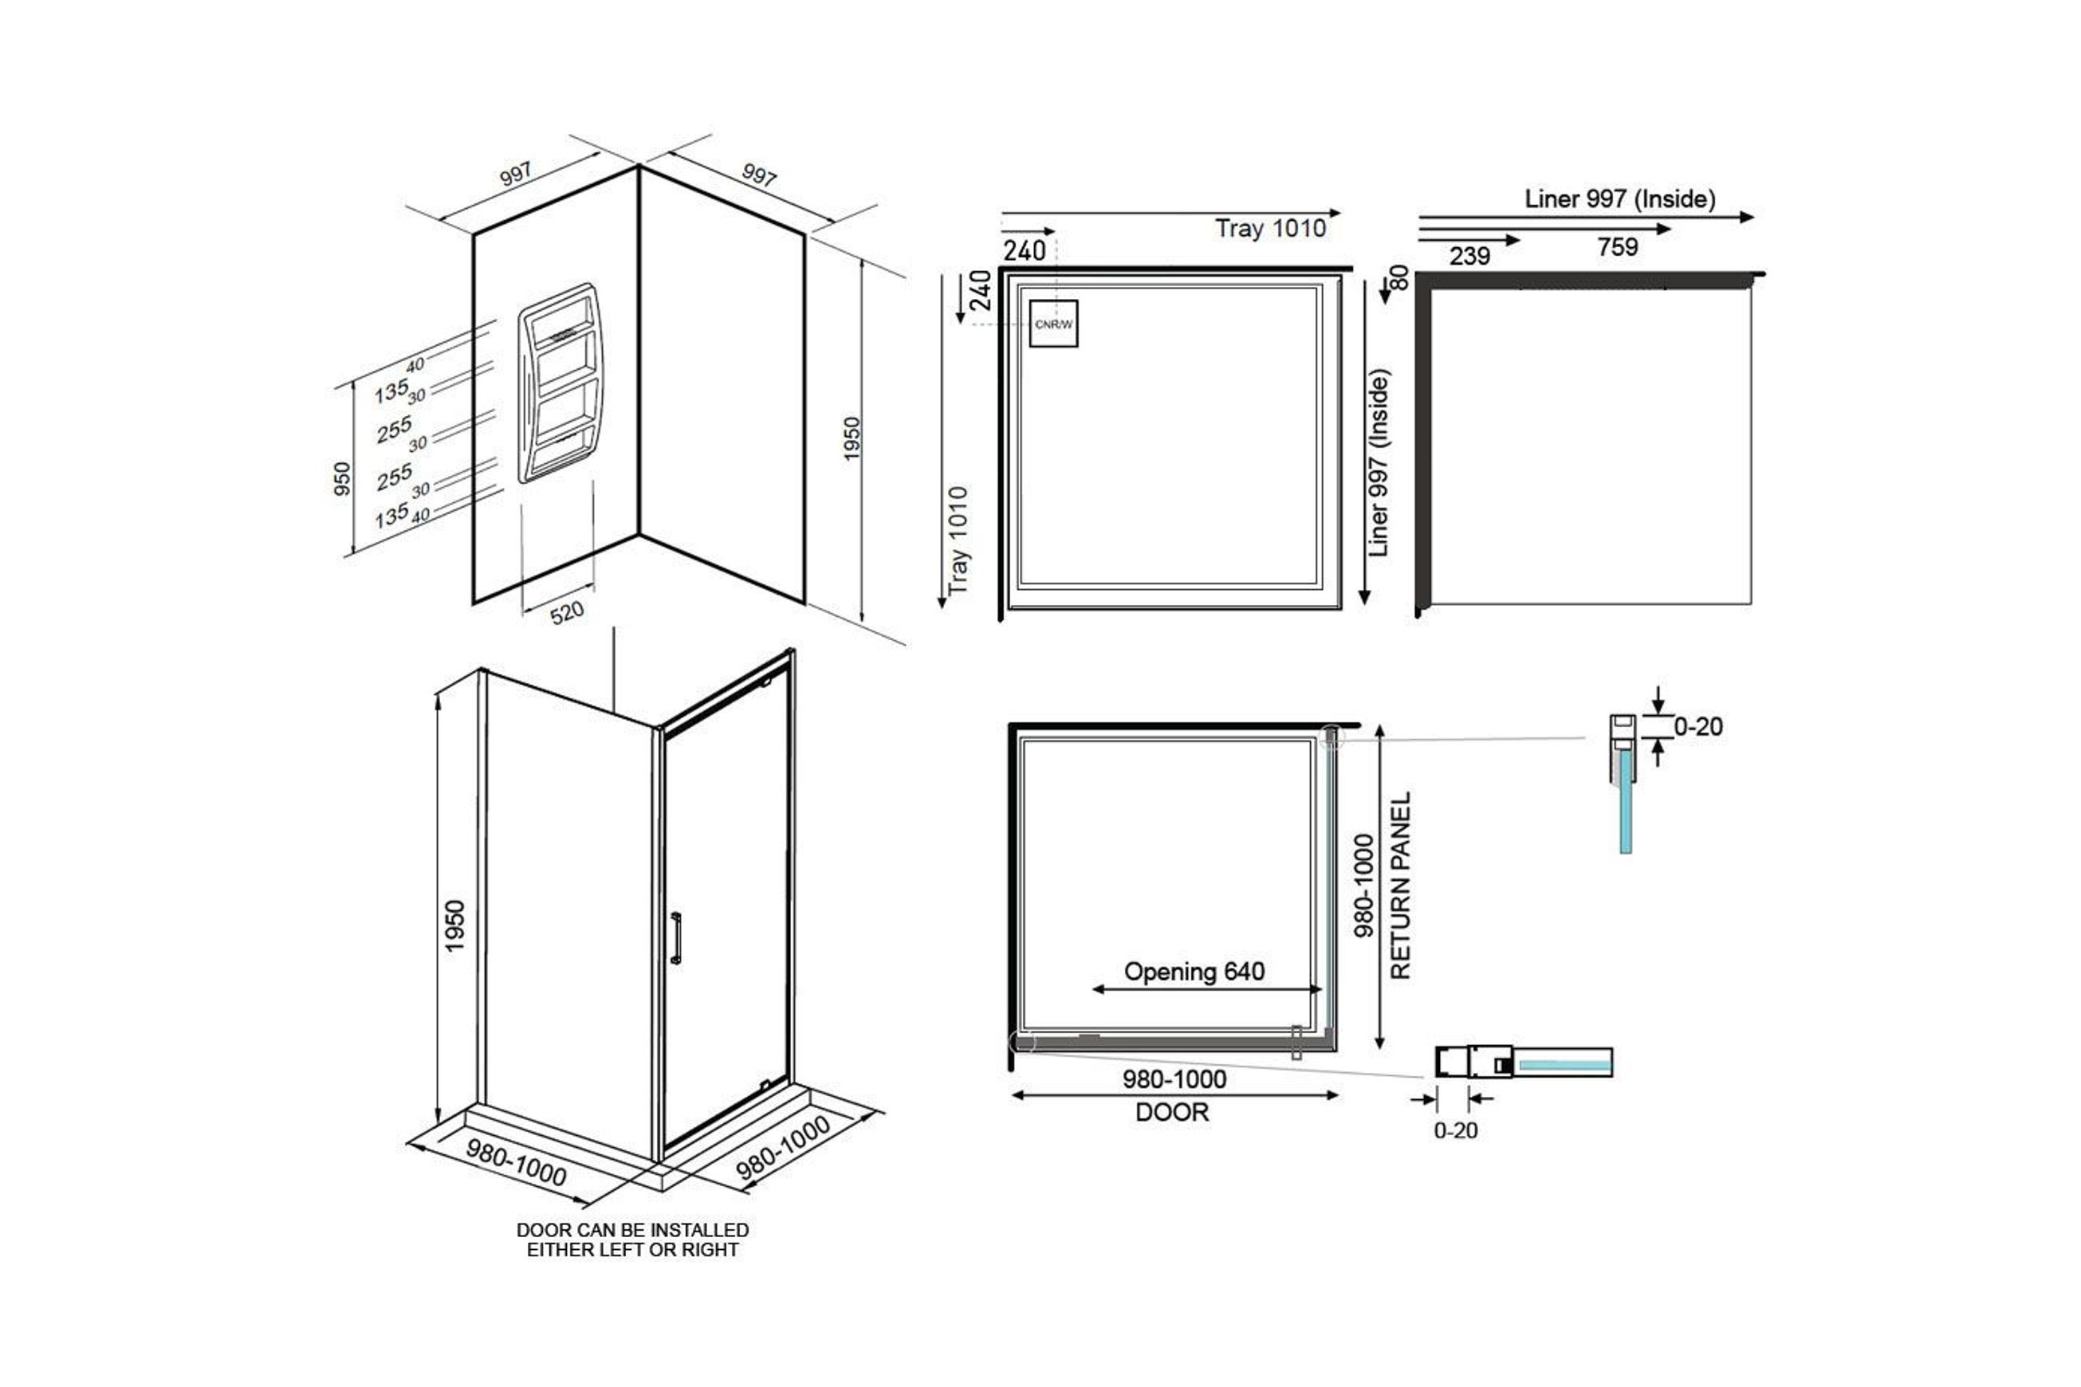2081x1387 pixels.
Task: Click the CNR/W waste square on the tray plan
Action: click(x=1053, y=324)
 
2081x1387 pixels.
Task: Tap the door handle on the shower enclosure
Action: click(x=676, y=937)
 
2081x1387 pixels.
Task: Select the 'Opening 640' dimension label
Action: click(x=1194, y=972)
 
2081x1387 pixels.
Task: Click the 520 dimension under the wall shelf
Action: click(x=567, y=612)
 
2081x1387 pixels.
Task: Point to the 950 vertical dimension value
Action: click(x=341, y=478)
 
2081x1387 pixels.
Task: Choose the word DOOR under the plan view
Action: click(x=1171, y=1113)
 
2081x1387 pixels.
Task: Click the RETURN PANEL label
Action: click(x=1401, y=886)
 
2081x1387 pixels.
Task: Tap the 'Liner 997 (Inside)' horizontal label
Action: click(x=1620, y=199)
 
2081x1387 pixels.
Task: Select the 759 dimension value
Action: click(x=1618, y=247)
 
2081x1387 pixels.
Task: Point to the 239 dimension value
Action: click(x=1469, y=257)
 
